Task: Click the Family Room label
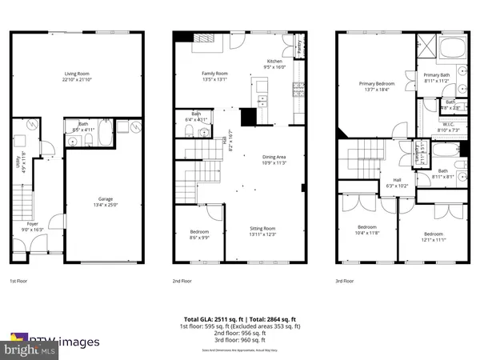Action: coord(214,76)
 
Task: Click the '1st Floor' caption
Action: coord(20,282)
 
